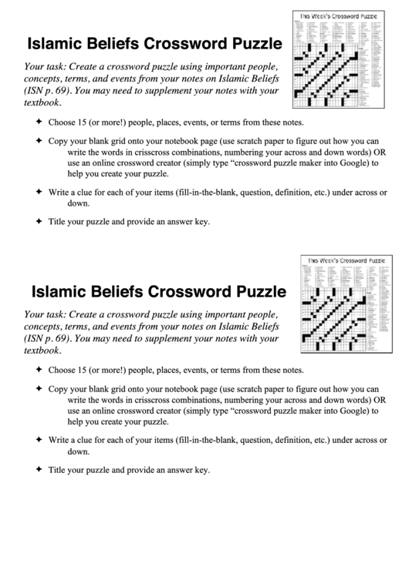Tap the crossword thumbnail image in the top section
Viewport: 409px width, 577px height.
[x=340, y=59]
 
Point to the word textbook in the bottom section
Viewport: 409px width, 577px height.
[x=42, y=351]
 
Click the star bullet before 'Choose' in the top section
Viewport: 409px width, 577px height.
[x=39, y=122]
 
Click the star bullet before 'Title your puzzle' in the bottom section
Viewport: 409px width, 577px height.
[x=39, y=469]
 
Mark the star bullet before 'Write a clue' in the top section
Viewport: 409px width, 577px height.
[x=39, y=192]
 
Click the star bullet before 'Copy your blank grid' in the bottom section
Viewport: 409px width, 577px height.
[x=39, y=389]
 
